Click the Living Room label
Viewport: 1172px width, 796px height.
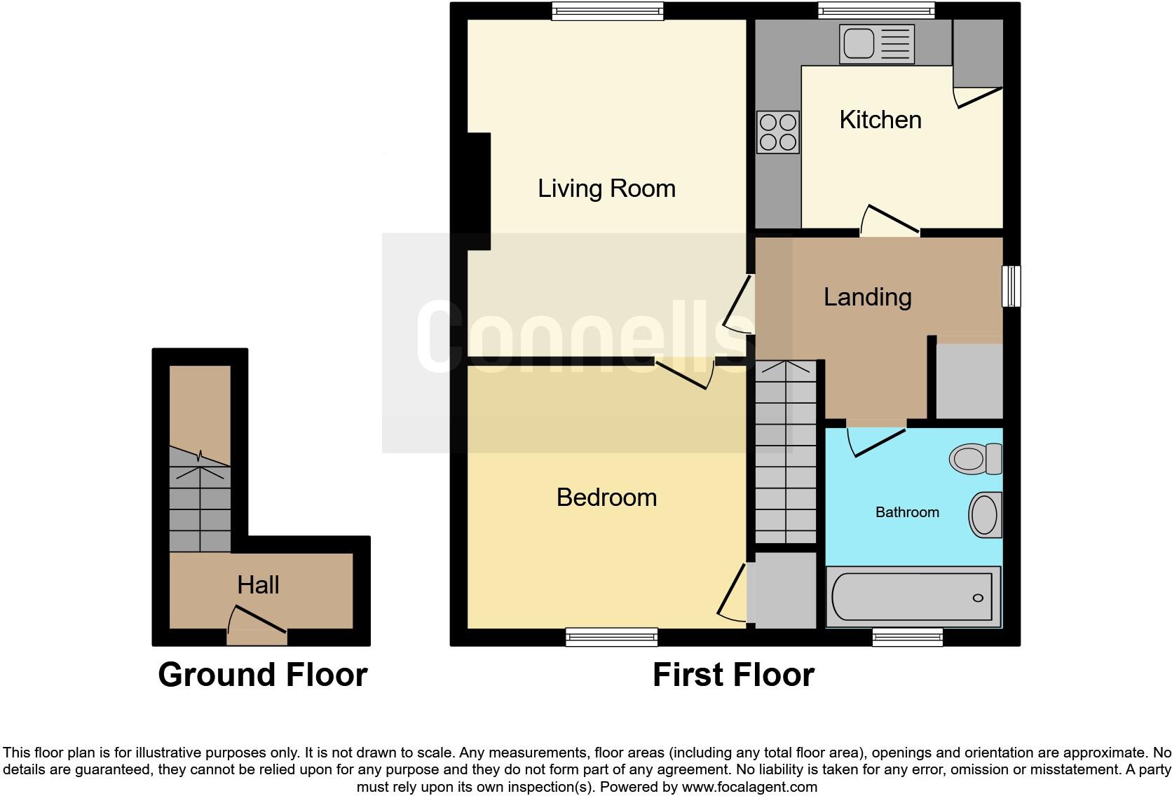point(606,188)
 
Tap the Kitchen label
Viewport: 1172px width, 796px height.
point(880,120)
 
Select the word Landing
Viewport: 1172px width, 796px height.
point(867,297)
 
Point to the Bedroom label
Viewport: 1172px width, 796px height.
point(606,497)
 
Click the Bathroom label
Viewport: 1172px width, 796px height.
point(907,512)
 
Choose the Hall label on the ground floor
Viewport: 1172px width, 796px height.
point(258,585)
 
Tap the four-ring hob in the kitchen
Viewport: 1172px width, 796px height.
point(778,132)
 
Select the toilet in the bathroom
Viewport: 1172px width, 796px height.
point(976,459)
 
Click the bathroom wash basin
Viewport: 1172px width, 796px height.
point(986,515)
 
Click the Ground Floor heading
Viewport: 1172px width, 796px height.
point(263,675)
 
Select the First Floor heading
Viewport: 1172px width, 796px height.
point(733,675)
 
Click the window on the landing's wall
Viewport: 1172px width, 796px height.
point(1011,286)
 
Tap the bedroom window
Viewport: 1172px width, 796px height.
point(611,636)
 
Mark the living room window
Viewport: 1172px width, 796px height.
point(607,10)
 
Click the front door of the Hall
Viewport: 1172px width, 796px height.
point(257,636)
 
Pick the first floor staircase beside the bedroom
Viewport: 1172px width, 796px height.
point(786,453)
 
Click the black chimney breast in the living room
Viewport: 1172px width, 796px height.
point(478,191)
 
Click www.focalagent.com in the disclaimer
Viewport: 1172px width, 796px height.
point(749,787)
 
